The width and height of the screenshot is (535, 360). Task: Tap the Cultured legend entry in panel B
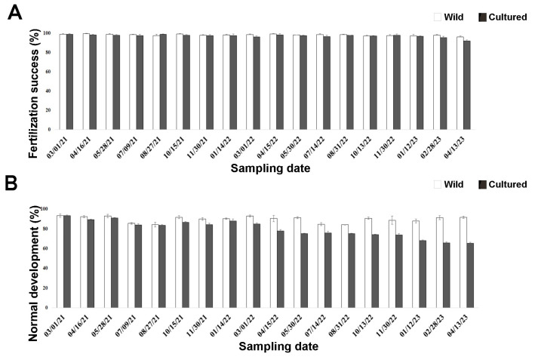tap(499, 184)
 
